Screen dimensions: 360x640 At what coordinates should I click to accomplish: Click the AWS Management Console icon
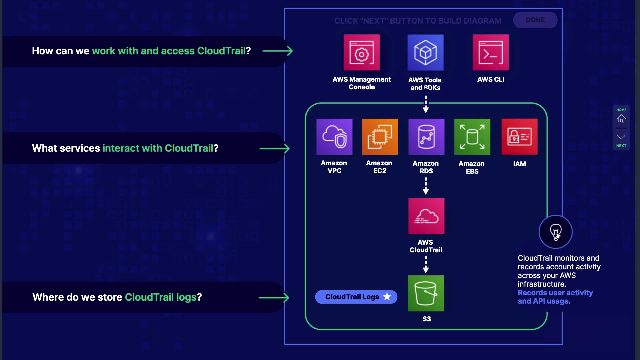click(362, 53)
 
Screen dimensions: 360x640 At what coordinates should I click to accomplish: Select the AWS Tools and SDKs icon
click(425, 53)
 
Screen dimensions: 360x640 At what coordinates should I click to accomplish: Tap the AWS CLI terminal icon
click(490, 53)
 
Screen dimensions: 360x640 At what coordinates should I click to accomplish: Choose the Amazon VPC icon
click(334, 137)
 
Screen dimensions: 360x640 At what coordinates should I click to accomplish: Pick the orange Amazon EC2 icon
click(380, 137)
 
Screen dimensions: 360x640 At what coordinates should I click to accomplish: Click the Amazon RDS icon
click(426, 137)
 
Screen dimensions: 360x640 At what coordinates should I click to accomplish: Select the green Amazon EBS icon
click(472, 137)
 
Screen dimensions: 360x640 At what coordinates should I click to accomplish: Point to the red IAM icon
click(519, 137)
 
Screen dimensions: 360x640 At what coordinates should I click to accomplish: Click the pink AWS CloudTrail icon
click(426, 216)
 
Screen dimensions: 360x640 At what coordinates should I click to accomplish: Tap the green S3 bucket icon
click(426, 293)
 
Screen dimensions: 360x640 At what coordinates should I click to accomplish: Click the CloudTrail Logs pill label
click(352, 297)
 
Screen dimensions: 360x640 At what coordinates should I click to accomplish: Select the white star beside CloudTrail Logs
click(387, 297)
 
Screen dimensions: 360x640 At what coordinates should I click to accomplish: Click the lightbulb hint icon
click(555, 232)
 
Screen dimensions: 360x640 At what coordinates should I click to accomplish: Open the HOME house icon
click(621, 119)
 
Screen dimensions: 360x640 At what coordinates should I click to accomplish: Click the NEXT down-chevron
click(621, 137)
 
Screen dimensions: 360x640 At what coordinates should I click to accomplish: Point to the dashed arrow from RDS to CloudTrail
click(426, 186)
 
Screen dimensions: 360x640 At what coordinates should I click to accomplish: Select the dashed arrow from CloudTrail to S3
click(426, 264)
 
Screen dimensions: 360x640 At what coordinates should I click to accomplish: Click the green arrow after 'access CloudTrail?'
click(277, 51)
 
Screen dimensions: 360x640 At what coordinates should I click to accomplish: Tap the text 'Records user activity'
click(555, 293)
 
